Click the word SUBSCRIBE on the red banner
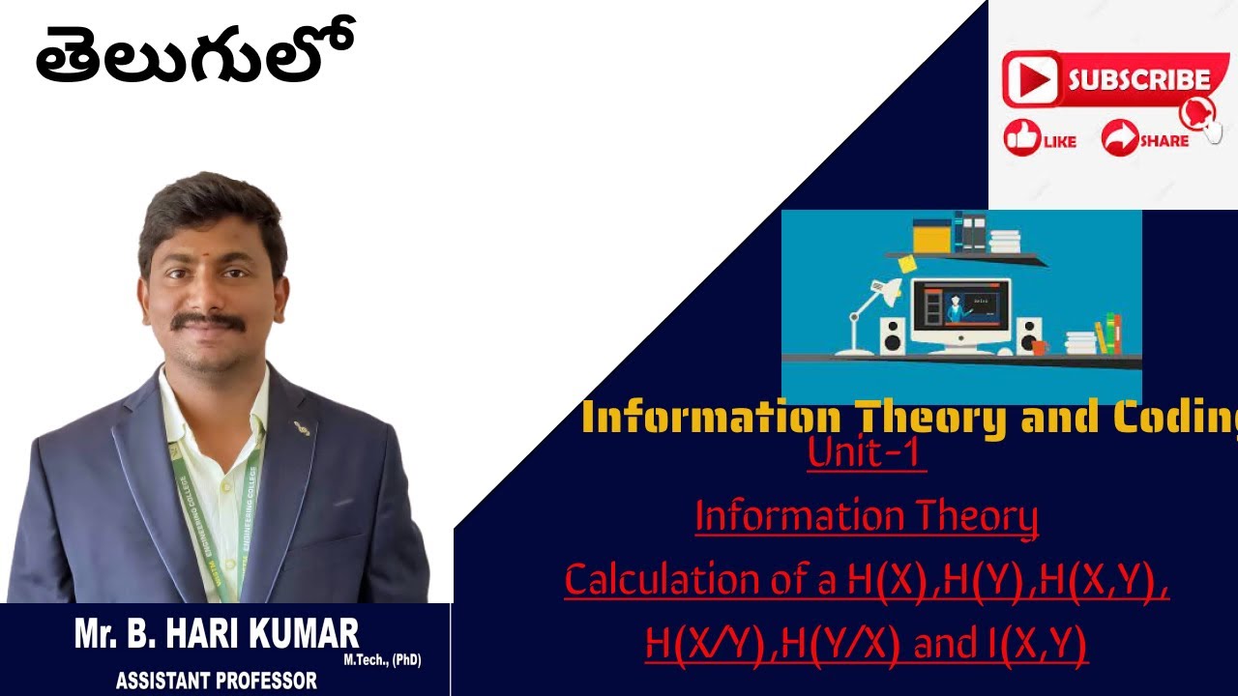click(1138, 79)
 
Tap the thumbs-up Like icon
click(1021, 138)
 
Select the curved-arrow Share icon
click(1120, 138)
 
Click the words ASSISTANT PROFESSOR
click(216, 681)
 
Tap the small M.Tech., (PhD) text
click(382, 661)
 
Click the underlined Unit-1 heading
click(867, 454)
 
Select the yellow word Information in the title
click(711, 418)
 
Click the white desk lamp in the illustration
click(871, 309)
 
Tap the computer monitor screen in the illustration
click(961, 307)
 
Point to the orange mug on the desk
click(1040, 346)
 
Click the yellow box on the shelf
click(931, 237)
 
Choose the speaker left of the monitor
click(894, 335)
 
